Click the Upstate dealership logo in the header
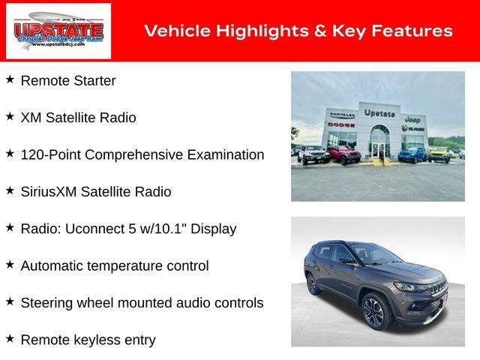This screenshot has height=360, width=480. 58,31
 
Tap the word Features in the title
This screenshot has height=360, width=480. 413,31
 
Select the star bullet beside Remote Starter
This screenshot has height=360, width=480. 10,79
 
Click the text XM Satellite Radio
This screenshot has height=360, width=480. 78,118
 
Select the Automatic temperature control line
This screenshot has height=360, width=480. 115,266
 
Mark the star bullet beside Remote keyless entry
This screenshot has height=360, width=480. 10,339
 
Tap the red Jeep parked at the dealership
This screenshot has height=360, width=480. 343,155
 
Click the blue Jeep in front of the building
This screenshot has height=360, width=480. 411,154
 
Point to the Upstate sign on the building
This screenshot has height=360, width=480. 379,112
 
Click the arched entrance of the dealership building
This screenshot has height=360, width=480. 380,140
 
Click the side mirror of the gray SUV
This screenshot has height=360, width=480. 347,262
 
